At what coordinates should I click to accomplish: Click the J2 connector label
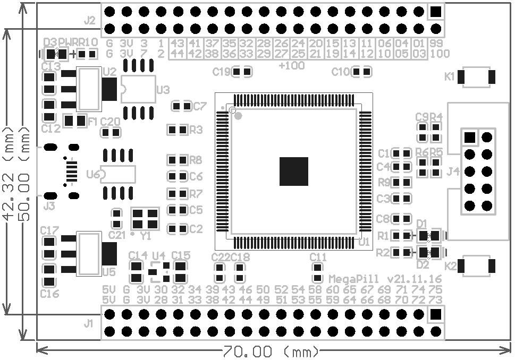89,21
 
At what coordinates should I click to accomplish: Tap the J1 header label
89,322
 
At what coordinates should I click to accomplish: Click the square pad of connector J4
469,138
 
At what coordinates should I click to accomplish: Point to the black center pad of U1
294,171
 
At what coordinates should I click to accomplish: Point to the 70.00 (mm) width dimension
271,352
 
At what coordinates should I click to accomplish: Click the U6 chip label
93,174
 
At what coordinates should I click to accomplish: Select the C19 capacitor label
222,72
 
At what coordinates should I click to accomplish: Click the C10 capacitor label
340,72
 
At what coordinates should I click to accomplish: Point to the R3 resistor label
196,130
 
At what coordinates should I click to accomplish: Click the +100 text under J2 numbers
291,66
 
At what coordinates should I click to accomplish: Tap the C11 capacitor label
318,257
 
